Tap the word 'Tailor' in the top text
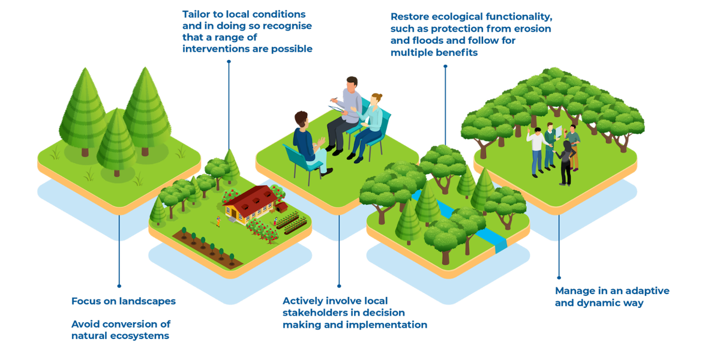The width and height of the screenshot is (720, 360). click(197, 13)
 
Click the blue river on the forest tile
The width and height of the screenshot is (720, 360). click(480, 228)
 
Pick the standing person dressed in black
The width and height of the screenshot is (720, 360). click(566, 162)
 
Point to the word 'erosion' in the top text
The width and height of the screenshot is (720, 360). click(531, 29)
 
